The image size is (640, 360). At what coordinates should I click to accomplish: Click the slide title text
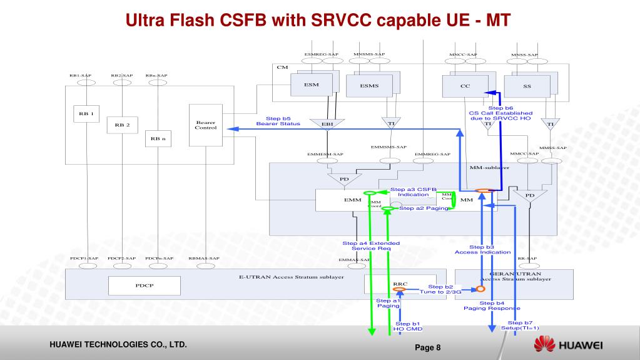319,20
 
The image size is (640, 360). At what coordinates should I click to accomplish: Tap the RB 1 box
86,113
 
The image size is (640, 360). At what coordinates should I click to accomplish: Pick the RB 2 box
121,125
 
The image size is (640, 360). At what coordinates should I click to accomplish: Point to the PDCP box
140,285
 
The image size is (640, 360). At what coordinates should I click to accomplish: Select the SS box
527,86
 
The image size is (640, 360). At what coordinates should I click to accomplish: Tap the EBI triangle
327,124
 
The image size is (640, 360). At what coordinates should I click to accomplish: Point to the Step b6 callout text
500,113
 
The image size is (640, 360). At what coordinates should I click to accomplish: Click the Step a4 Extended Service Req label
371,246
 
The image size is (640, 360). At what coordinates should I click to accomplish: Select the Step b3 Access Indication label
482,250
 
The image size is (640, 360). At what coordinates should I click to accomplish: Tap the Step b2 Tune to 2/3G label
440,289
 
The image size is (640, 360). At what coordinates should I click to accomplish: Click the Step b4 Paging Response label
492,306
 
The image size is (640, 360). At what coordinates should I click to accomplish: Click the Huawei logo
567,346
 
